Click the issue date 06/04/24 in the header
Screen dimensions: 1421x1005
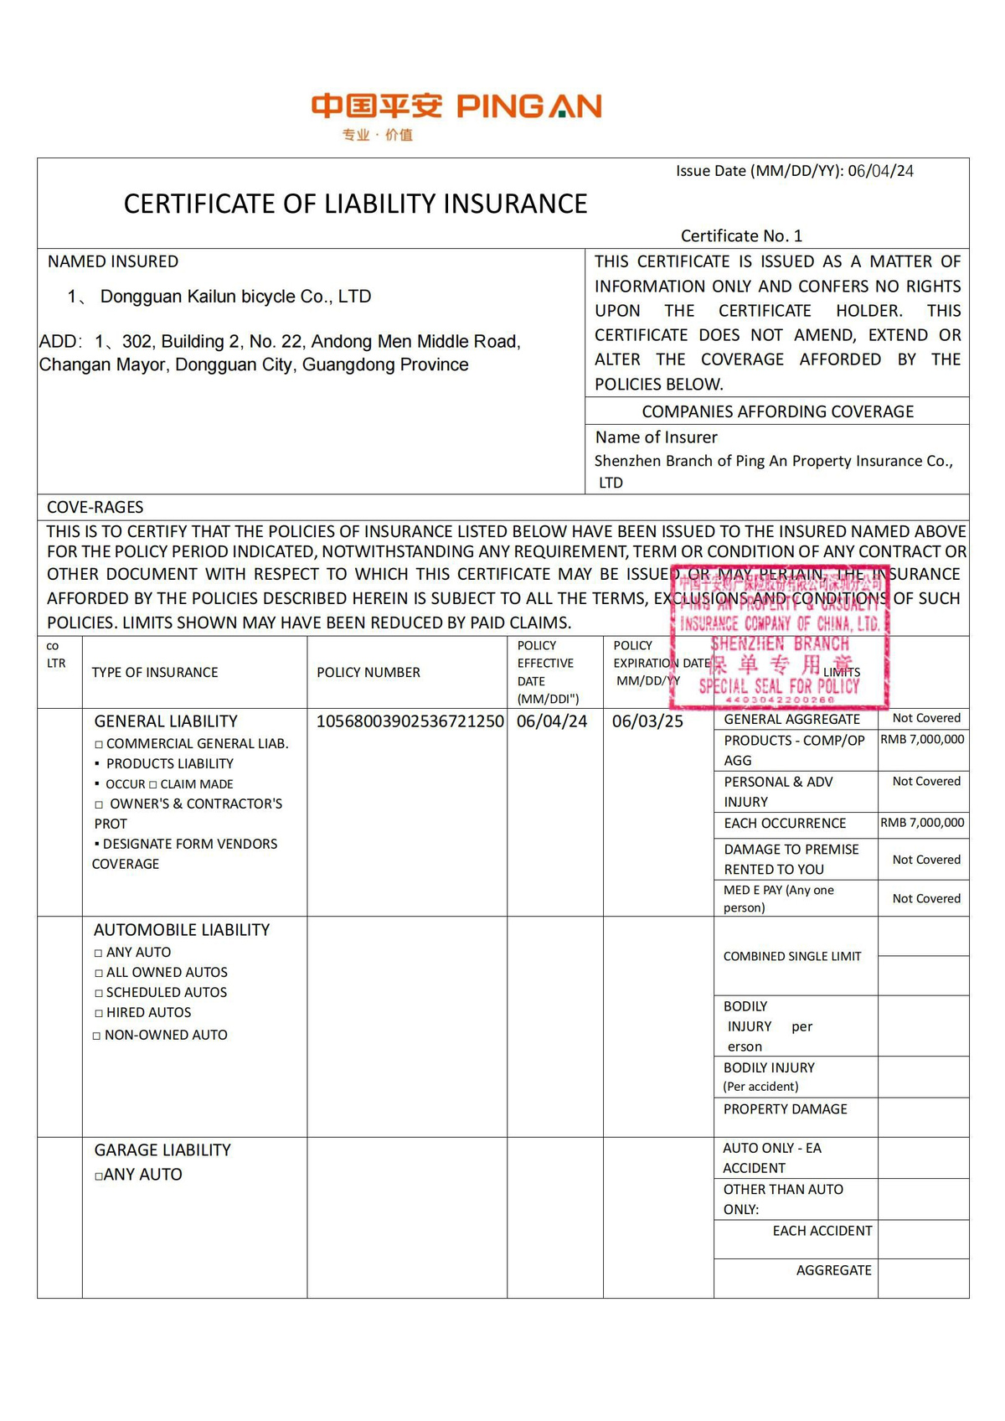click(x=880, y=171)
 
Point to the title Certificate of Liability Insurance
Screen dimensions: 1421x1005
click(x=355, y=204)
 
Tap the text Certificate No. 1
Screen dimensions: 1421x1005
click(x=741, y=235)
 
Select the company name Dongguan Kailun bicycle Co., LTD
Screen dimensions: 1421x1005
click(x=235, y=297)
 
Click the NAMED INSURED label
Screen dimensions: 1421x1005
click(x=113, y=261)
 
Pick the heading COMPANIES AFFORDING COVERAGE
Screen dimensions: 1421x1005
click(x=777, y=411)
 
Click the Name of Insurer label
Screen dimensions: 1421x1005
click(x=656, y=437)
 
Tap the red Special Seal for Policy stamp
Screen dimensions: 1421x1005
click(x=780, y=637)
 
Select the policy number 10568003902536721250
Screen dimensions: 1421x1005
click(x=410, y=721)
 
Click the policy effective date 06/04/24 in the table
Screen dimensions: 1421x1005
click(x=552, y=721)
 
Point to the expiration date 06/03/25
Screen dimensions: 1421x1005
click(x=647, y=721)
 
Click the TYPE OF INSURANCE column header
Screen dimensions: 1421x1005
click(x=155, y=672)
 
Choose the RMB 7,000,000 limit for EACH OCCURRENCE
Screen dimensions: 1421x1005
click(x=922, y=823)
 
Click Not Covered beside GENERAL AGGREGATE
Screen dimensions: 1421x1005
click(x=926, y=718)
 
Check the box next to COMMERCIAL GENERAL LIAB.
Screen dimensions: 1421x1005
click(x=99, y=744)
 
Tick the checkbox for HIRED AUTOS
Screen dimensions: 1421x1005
click(x=99, y=1013)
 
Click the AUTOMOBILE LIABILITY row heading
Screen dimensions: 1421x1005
click(x=182, y=930)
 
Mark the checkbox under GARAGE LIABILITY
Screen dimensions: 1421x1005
click(x=99, y=1176)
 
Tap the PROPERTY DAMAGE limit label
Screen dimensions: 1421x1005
click(x=785, y=1108)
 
